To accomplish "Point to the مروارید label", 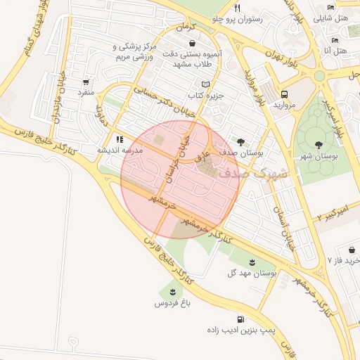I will click(285, 105).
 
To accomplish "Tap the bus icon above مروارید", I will click(285, 94).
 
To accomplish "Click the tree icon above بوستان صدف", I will click(243, 141).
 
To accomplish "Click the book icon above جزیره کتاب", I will click(205, 84).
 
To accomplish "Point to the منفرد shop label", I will click(85, 92).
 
